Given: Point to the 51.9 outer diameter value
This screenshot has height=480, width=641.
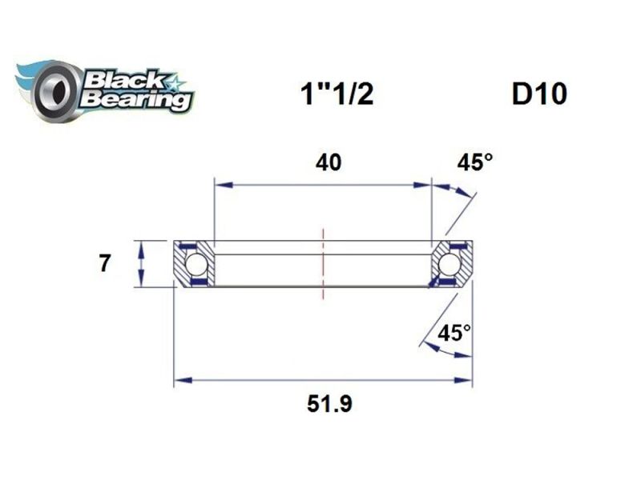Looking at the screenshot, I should click(x=330, y=404).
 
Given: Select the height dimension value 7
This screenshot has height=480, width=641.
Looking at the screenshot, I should click(x=104, y=263).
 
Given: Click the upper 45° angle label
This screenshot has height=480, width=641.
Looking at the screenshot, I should click(x=474, y=162).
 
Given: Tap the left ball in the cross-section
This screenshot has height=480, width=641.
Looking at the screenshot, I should click(x=196, y=263).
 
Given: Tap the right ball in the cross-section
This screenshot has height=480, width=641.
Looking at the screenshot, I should click(x=450, y=263).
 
